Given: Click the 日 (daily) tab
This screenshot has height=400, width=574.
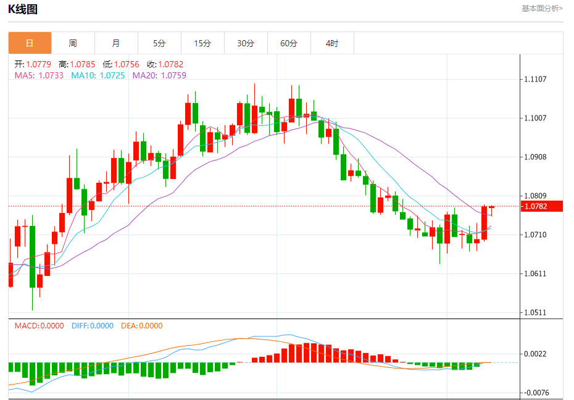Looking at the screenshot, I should pyautogui.click(x=30, y=43).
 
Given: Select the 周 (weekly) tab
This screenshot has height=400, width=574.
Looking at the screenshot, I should pyautogui.click(x=73, y=43).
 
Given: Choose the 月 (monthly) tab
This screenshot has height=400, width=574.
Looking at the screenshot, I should pyautogui.click(x=116, y=43).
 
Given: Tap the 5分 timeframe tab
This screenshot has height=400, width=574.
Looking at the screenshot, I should pyautogui.click(x=159, y=43).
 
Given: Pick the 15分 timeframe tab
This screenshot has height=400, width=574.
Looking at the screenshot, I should pyautogui.click(x=202, y=43).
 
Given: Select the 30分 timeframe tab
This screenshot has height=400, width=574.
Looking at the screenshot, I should pyautogui.click(x=246, y=43).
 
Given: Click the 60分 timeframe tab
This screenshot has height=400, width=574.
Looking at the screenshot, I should pyautogui.click(x=289, y=43).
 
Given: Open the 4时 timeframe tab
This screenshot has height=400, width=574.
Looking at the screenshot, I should pyautogui.click(x=332, y=43).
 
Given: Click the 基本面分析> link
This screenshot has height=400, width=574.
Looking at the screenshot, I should pyautogui.click(x=542, y=9).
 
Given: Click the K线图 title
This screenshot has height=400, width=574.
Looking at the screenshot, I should pyautogui.click(x=23, y=9).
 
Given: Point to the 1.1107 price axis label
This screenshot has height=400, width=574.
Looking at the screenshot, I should pyautogui.click(x=536, y=79).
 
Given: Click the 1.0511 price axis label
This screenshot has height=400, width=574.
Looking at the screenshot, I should pyautogui.click(x=536, y=312).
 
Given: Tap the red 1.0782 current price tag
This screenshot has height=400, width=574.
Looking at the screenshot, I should pyautogui.click(x=541, y=206).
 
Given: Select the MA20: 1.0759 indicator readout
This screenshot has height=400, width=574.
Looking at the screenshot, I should pyautogui.click(x=159, y=75).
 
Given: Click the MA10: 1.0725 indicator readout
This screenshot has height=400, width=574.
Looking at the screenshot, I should pyautogui.click(x=98, y=75).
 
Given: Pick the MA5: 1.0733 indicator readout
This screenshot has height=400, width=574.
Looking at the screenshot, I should pyautogui.click(x=38, y=75).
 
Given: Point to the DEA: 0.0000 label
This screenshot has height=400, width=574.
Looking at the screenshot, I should pyautogui.click(x=141, y=326).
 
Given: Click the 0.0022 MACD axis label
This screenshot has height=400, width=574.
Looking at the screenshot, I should pyautogui.click(x=536, y=354).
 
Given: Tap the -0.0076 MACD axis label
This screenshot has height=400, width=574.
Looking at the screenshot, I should pyautogui.click(x=534, y=393).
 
